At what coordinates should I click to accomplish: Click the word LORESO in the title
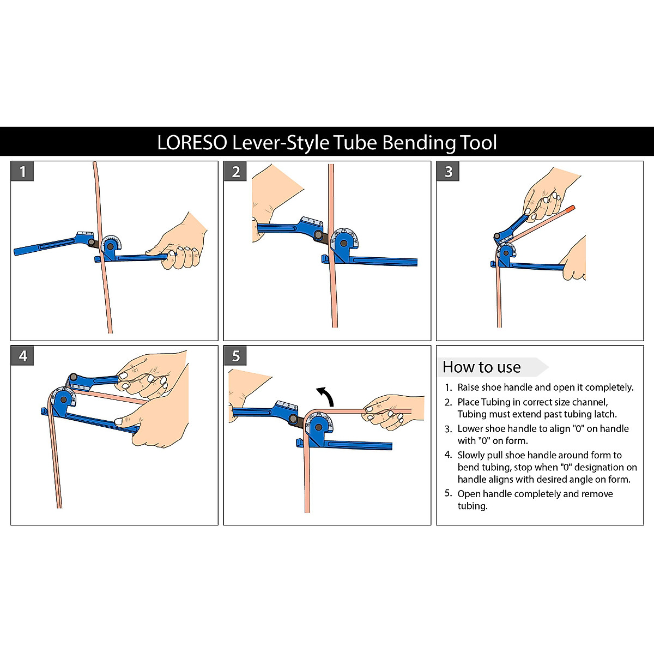click(x=192, y=143)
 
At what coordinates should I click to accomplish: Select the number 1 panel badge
click(x=22, y=172)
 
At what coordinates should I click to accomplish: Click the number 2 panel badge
click(x=235, y=172)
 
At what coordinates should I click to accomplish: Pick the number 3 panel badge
click(x=448, y=172)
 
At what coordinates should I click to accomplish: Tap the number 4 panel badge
click(x=22, y=356)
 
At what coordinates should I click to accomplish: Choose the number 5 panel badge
click(x=235, y=356)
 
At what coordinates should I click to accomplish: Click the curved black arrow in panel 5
click(x=325, y=395)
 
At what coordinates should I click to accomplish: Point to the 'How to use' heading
click(x=482, y=367)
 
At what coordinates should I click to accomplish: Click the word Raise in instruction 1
click(x=469, y=387)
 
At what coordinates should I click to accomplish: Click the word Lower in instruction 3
click(x=470, y=429)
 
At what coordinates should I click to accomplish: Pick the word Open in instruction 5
click(x=469, y=494)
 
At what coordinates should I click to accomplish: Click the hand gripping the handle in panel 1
click(x=180, y=245)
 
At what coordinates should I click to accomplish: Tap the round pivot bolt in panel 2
click(x=318, y=235)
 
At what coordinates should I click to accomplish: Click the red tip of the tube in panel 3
click(x=570, y=208)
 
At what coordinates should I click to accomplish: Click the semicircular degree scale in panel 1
click(x=112, y=240)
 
